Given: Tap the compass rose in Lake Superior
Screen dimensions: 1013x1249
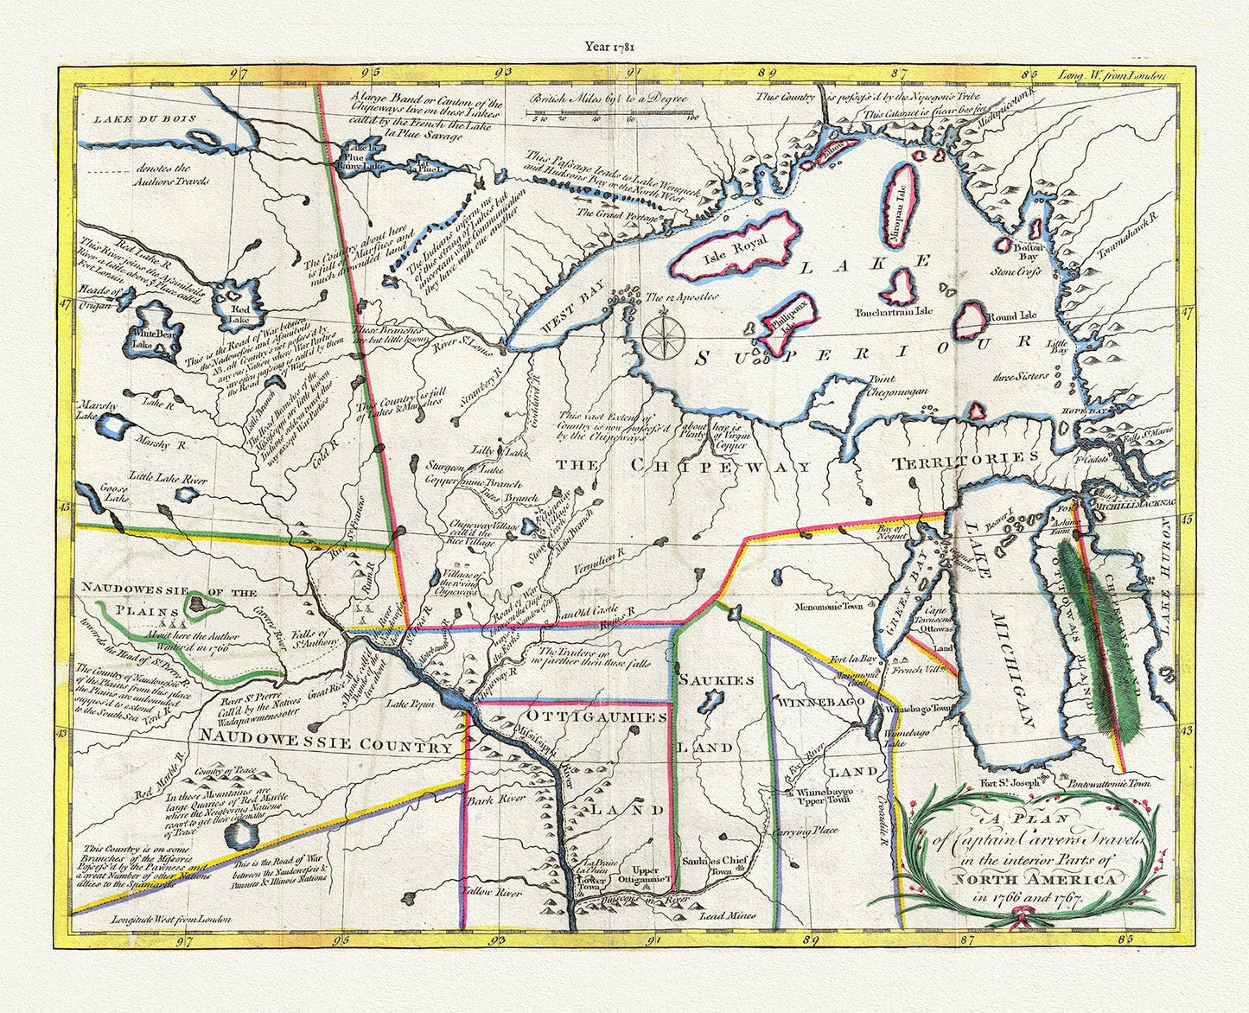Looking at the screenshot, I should [662, 336].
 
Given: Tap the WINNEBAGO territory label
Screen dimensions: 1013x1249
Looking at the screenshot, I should [821, 703].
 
